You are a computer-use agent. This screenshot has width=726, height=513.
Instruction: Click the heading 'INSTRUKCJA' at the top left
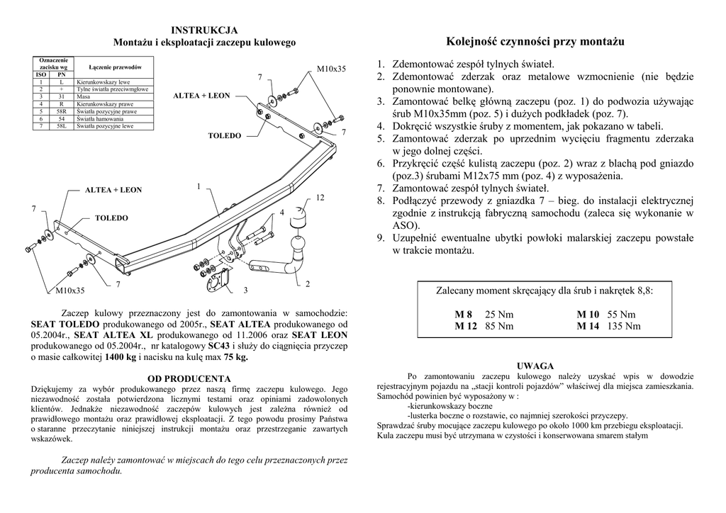[x=204, y=30]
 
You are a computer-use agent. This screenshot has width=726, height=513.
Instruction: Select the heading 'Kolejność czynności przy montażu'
[x=535, y=42]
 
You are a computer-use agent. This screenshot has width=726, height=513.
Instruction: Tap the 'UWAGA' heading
[x=535, y=366]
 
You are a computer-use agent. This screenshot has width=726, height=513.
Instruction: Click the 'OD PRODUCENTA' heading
[x=189, y=378]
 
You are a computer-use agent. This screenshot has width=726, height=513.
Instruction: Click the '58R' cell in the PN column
[x=61, y=111]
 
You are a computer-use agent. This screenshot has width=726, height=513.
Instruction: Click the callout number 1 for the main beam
[x=199, y=186]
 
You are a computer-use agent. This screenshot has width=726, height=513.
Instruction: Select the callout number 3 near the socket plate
[x=245, y=290]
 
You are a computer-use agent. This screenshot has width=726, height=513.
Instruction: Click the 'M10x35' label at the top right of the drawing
[x=330, y=69]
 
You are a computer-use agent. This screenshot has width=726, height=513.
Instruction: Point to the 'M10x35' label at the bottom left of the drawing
[x=70, y=291]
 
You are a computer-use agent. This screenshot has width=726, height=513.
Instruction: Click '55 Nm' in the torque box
[x=622, y=315]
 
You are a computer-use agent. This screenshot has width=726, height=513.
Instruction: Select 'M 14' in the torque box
[x=588, y=326]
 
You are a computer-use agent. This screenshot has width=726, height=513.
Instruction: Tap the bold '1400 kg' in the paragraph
[x=121, y=358]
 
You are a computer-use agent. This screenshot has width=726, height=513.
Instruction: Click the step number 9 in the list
[x=381, y=238]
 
